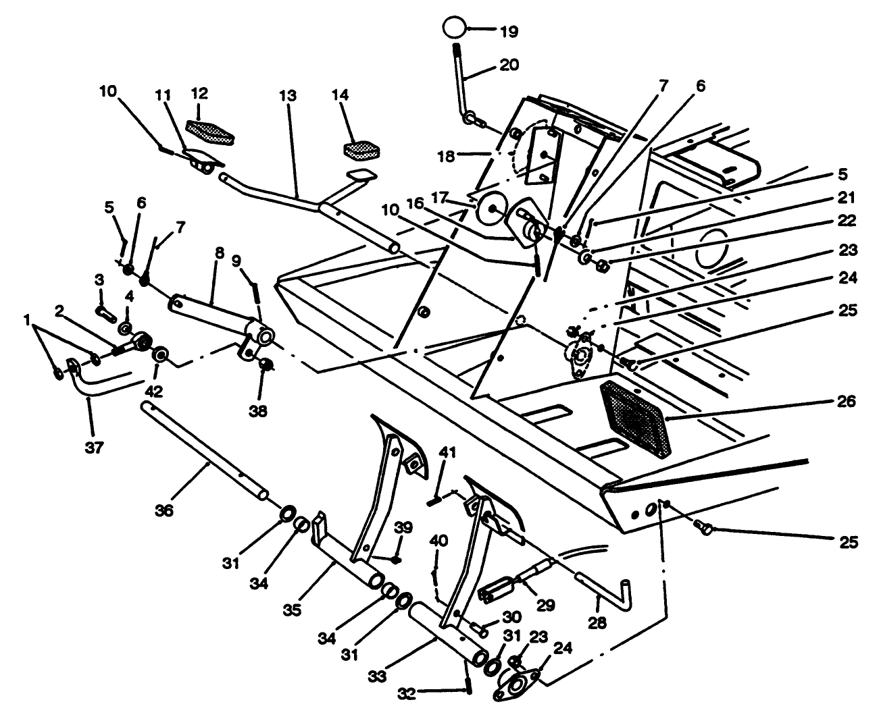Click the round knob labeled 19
[x=455, y=29]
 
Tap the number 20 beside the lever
[x=509, y=65]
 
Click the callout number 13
[x=288, y=97]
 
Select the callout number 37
[x=94, y=448]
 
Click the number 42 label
[x=157, y=390]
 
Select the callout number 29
[x=545, y=605]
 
